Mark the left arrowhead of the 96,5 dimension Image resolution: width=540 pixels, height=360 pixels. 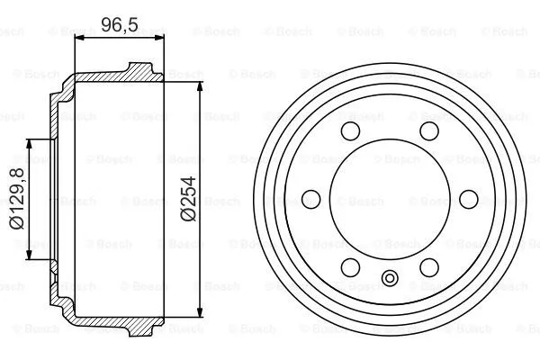[75, 37]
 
